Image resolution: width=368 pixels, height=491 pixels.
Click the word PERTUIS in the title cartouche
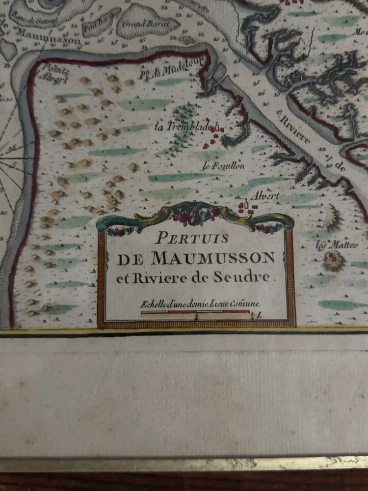192,239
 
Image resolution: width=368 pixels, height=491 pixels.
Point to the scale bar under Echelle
195,312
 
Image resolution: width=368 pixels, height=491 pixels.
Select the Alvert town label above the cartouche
264,196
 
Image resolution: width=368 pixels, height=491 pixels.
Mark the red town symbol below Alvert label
247,208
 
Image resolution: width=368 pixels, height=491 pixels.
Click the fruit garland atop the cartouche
195,215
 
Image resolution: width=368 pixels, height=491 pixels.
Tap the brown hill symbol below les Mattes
335,261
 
